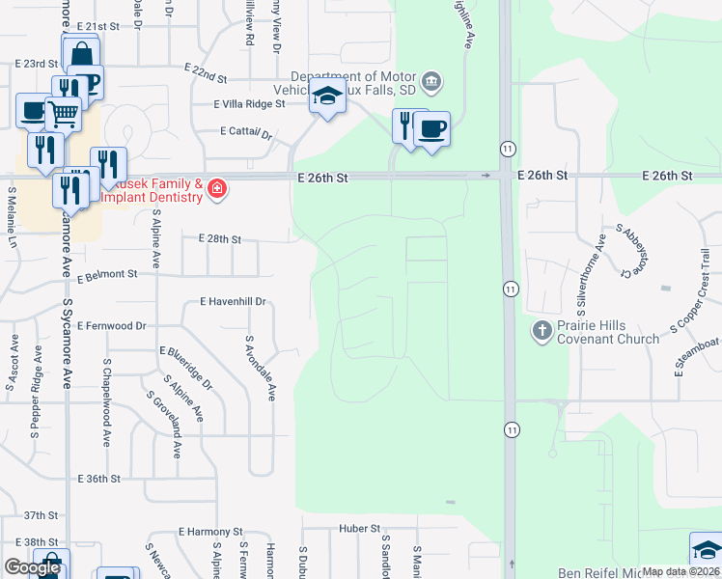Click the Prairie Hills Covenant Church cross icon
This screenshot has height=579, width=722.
(x=541, y=331)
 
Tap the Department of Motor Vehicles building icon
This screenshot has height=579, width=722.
(x=431, y=80)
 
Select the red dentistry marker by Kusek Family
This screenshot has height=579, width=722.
(x=216, y=188)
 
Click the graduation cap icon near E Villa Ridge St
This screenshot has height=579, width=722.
(x=328, y=96)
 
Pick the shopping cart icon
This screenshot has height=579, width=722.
(x=63, y=114)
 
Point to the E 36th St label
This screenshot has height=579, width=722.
(x=100, y=479)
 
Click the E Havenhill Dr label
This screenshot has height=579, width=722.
(x=233, y=302)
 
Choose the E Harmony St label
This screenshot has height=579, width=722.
(x=210, y=532)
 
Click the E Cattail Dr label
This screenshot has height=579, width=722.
(x=247, y=132)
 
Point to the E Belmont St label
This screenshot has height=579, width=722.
(x=108, y=275)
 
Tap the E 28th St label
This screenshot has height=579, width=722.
(x=219, y=238)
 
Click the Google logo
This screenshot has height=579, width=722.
(x=32, y=567)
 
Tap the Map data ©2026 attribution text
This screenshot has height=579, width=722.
(x=680, y=571)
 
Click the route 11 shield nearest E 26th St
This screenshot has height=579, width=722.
(x=507, y=148)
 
